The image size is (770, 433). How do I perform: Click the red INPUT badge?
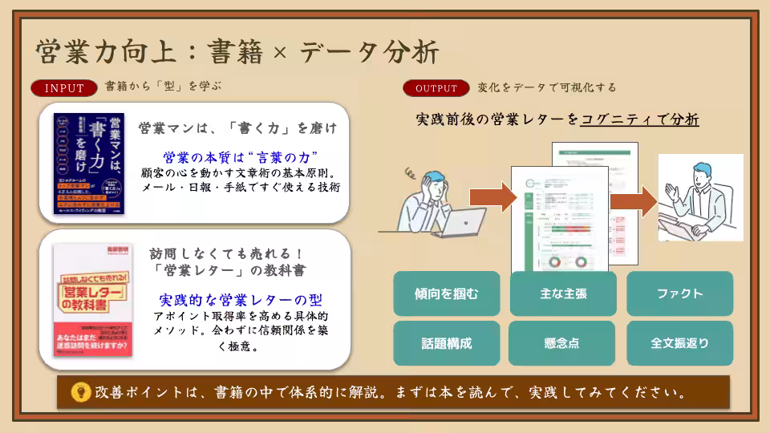65,88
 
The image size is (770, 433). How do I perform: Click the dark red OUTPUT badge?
436,88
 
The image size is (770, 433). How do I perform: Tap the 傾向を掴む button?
447,293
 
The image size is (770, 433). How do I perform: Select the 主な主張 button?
563,293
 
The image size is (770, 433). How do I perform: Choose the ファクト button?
679,293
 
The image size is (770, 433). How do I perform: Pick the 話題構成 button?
447,343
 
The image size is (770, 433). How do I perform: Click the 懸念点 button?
563,343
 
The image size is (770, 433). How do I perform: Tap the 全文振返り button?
679,343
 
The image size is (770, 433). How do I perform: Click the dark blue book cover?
88,164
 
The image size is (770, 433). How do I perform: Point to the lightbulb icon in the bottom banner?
81,392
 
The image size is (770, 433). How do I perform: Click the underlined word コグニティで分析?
639,119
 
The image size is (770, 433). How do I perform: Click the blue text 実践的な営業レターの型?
241,300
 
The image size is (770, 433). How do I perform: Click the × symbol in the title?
279,54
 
